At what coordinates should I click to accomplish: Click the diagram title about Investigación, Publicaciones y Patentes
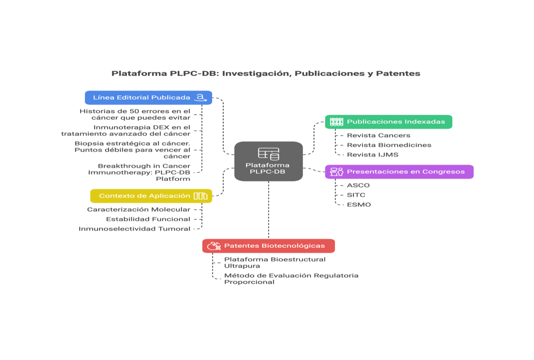(x=266, y=74)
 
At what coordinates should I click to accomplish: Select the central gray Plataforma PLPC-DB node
(x=268, y=161)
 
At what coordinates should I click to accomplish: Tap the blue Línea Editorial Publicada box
(x=148, y=98)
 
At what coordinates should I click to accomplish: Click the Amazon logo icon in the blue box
(x=201, y=98)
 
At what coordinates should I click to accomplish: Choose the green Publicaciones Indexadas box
(x=388, y=122)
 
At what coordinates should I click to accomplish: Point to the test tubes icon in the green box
(x=336, y=122)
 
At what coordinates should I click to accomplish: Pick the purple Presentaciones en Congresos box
(x=399, y=172)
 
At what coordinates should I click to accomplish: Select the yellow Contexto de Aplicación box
(x=151, y=196)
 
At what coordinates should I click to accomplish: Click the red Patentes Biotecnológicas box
(x=268, y=246)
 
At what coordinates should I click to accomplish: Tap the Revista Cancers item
(x=378, y=135)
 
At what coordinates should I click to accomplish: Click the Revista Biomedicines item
(x=389, y=145)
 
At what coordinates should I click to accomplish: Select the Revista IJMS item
(x=373, y=155)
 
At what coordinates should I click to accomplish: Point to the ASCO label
(x=358, y=185)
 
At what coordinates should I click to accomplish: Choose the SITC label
(x=356, y=195)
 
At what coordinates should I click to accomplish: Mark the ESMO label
(x=359, y=205)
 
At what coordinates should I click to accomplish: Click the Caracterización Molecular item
(x=138, y=210)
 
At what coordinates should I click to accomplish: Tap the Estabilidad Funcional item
(x=148, y=219)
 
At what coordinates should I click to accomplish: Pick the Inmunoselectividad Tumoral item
(x=134, y=229)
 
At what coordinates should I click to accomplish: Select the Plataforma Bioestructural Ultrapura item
(x=274, y=262)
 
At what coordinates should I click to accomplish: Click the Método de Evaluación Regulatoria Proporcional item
(x=291, y=279)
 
